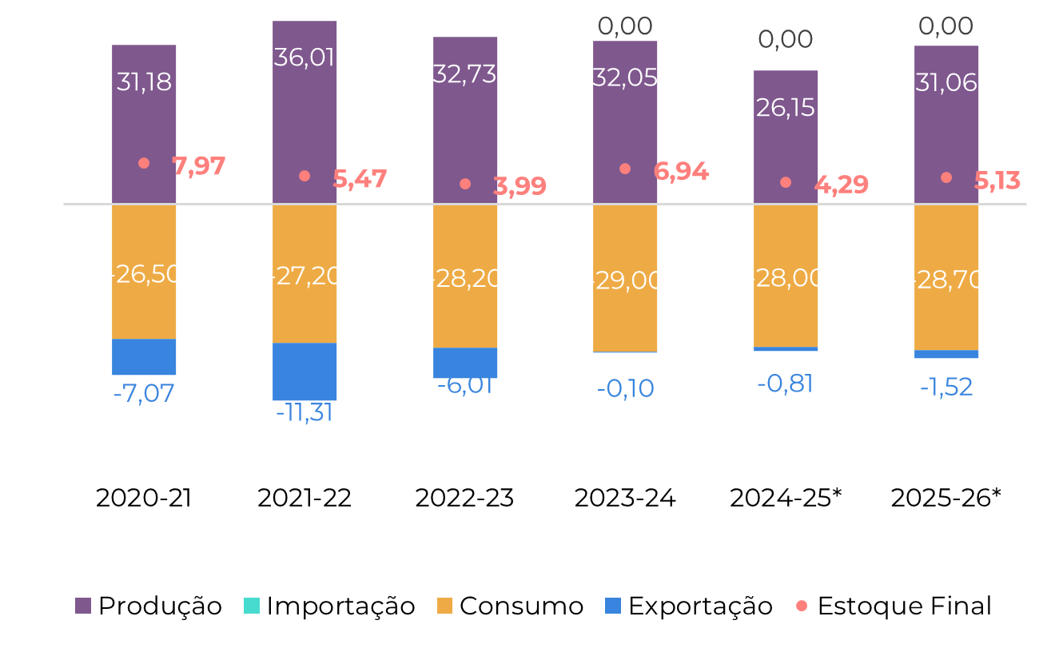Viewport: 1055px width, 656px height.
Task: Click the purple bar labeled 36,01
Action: pyautogui.click(x=305, y=120)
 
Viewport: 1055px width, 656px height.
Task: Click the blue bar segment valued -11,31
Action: pyautogui.click(x=305, y=372)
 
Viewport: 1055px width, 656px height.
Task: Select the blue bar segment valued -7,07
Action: pyautogui.click(x=144, y=357)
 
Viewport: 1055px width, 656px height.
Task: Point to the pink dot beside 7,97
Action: pyautogui.click(x=144, y=163)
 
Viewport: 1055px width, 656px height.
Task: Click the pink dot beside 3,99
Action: pyautogui.click(x=465, y=184)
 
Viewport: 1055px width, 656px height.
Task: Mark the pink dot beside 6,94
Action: pyautogui.click(x=625, y=169)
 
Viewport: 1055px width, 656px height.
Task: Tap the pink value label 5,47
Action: pyautogui.click(x=360, y=179)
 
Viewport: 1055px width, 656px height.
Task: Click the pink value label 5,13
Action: pyautogui.click(x=997, y=181)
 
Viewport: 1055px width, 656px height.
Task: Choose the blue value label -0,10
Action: pyautogui.click(x=626, y=388)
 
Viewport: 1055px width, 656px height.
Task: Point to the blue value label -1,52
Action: pyautogui.click(x=946, y=388)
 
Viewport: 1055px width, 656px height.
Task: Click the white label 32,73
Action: pyautogui.click(x=464, y=74)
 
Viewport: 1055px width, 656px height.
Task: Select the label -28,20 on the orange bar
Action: pyautogui.click(x=465, y=279)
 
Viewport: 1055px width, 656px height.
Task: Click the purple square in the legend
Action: pyautogui.click(x=83, y=606)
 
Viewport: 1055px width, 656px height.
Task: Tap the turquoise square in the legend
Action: pyautogui.click(x=252, y=606)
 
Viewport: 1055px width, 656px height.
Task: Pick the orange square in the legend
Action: pyautogui.click(x=444, y=606)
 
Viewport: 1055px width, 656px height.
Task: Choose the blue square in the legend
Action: pyautogui.click(x=613, y=606)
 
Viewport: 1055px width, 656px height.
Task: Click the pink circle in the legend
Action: pyautogui.click(x=802, y=606)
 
